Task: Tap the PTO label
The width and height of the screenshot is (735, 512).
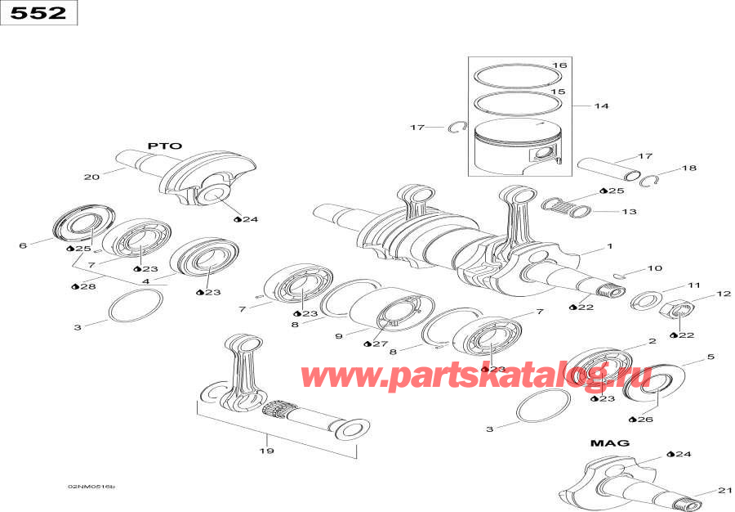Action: point(163,146)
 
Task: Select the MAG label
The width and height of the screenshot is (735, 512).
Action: point(610,442)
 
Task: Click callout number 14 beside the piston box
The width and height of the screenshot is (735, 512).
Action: point(601,106)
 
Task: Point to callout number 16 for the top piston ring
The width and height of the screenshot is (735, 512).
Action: point(559,65)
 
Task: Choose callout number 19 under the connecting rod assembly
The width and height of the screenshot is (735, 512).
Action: point(266,451)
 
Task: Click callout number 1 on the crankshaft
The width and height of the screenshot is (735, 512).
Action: point(608,246)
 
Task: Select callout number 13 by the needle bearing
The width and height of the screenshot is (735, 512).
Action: point(628,212)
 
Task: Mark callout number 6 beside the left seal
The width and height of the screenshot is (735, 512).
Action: point(23,245)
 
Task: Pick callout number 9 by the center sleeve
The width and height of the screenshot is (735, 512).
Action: point(339,336)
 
